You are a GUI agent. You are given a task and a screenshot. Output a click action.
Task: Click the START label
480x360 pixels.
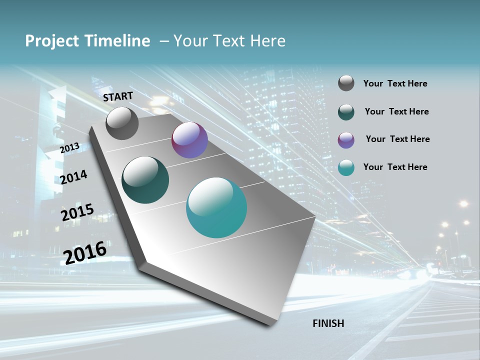[x=118, y=96]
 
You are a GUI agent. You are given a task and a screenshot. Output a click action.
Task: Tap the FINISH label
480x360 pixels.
[x=328, y=323]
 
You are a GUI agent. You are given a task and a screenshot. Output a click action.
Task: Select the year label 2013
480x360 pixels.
[x=69, y=148]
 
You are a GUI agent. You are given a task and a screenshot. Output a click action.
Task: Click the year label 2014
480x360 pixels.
[x=73, y=177]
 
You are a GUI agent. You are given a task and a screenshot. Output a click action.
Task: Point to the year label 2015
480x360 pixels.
[x=77, y=212]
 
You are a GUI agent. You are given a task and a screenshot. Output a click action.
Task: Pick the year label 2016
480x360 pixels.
[x=85, y=252]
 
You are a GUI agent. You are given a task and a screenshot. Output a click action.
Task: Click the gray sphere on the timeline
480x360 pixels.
[x=122, y=123]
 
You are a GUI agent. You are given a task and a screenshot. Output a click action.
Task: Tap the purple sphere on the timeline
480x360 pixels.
[x=189, y=140]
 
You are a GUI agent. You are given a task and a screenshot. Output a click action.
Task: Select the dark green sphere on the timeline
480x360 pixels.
[x=145, y=180]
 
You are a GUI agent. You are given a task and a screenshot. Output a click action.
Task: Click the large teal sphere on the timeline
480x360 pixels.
[x=216, y=207]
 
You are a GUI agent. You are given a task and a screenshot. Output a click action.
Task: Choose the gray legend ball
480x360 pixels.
[x=346, y=83]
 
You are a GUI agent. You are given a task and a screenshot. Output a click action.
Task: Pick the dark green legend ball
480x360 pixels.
[x=346, y=112]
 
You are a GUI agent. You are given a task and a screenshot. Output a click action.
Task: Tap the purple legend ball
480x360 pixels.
[x=346, y=140]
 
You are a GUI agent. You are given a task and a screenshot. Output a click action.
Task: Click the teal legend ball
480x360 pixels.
[x=346, y=168]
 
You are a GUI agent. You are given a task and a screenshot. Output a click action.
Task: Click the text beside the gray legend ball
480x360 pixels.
[x=395, y=84]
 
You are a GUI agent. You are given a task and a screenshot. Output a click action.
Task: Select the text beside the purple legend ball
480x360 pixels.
[x=397, y=139]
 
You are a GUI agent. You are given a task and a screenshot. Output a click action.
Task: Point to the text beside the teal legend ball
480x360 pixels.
[x=395, y=167]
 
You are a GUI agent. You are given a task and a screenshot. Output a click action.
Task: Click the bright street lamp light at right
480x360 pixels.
[x=463, y=203]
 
